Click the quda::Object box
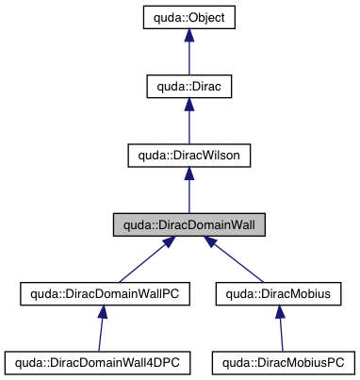189,17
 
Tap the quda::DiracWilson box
189,156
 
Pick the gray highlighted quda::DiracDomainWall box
189,224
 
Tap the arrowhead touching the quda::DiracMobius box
279,315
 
